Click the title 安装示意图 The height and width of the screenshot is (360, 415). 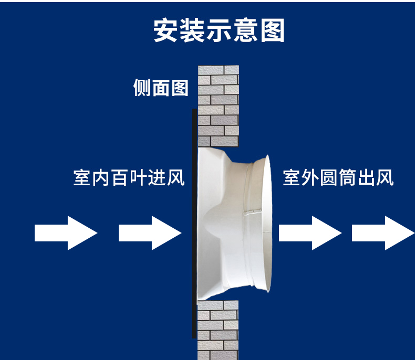point(219,30)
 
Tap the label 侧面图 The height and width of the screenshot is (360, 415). point(161,88)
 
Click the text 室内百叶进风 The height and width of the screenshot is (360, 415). point(129,177)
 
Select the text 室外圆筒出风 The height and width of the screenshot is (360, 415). point(338,177)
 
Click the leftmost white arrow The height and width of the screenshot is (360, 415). point(66,232)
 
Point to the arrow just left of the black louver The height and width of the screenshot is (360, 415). point(150,232)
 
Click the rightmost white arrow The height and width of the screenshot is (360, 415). point(382,232)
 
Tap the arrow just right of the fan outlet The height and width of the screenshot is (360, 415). point(309,232)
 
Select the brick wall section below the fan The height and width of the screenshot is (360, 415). point(218,330)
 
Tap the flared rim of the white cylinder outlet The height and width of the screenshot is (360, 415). point(266,223)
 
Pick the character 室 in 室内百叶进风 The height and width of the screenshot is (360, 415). point(82,177)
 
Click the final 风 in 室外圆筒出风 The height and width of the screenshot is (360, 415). point(385,177)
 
